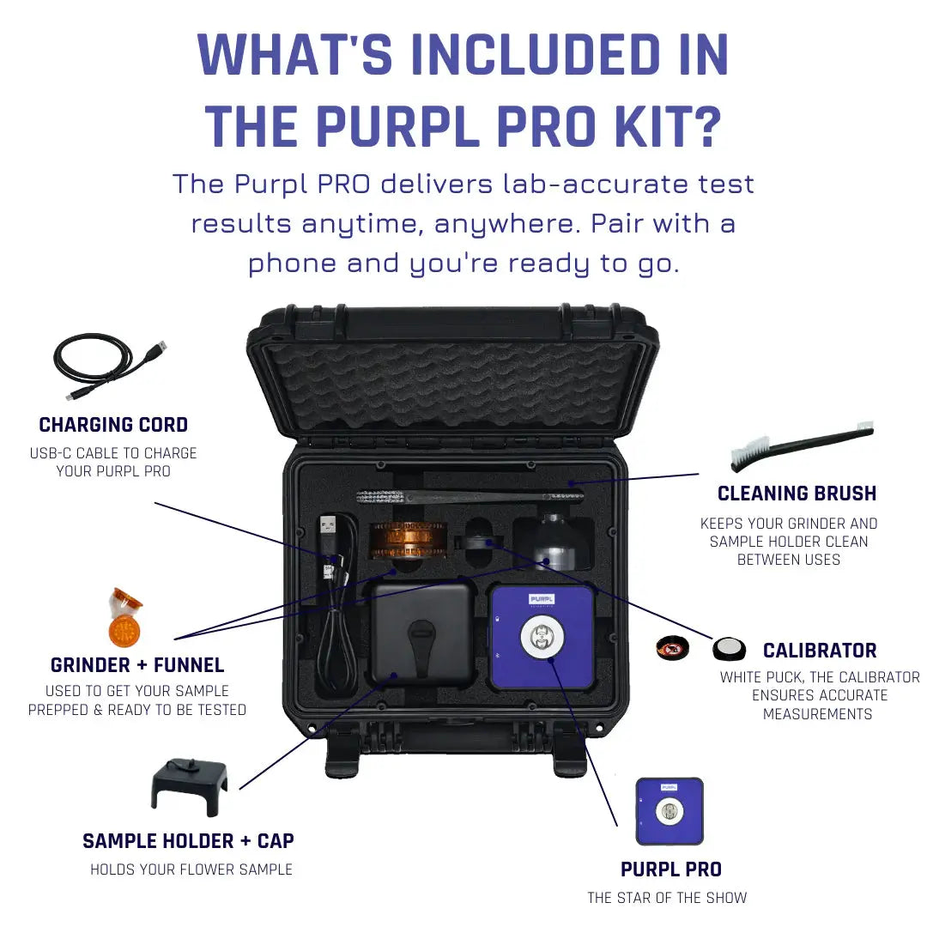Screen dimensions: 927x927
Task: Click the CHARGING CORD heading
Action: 113,425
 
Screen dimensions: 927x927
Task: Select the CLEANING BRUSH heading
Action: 797,494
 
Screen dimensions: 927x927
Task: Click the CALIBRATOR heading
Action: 820,651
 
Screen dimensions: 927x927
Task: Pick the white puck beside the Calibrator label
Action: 729,648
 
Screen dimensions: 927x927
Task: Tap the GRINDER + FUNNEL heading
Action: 137,665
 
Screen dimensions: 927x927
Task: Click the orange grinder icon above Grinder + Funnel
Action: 124,618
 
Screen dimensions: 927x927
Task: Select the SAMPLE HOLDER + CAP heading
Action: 188,841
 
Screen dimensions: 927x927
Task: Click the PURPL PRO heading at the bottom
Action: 670,869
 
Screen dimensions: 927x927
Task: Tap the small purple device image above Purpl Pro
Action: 669,811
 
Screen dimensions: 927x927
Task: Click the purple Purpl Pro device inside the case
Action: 542,636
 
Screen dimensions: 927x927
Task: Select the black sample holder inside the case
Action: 421,635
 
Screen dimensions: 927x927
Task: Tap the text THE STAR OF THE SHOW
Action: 667,898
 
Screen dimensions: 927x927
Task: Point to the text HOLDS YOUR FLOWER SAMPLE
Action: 191,869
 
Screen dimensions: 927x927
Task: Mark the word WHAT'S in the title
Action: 297,55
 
